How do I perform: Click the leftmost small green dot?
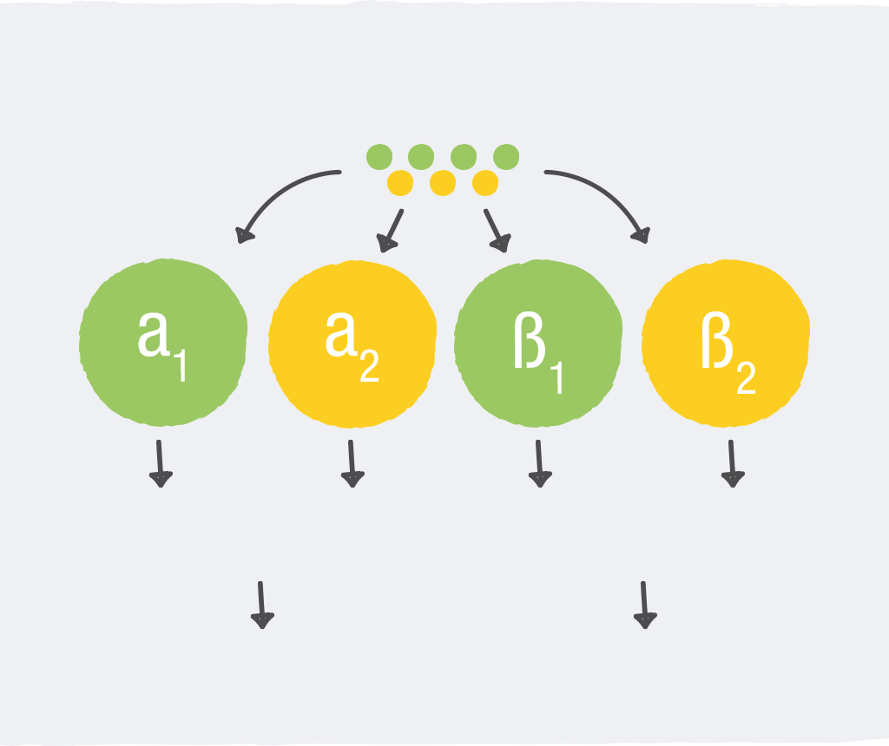pos(379,157)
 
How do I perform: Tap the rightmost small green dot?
pos(506,157)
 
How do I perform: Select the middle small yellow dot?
pos(443,183)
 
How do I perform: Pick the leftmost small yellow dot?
pos(400,183)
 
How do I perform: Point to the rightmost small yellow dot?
pos(485,183)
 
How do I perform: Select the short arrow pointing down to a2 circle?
pos(391,230)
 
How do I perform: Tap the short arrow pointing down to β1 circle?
pos(497,230)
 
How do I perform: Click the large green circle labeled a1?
pos(163,343)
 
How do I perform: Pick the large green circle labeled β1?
pos(538,343)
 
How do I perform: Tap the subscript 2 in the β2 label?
pos(746,376)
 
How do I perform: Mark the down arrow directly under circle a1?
pos(160,463)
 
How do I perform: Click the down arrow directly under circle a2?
pos(352,463)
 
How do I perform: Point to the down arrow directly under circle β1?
pos(539,463)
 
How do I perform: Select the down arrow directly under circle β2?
pos(732,463)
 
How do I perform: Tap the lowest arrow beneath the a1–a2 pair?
pos(261,605)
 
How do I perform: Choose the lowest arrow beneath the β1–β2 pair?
pos(644,605)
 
